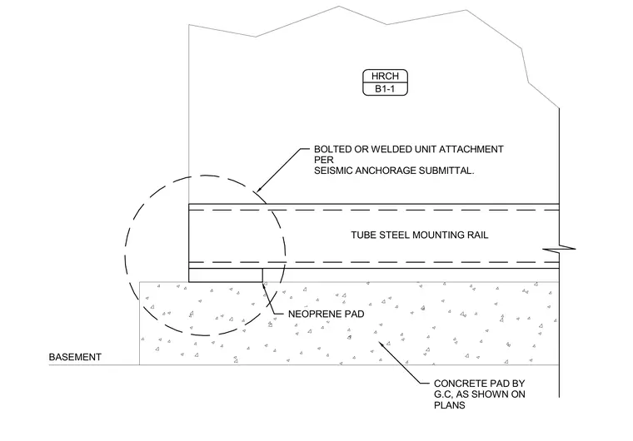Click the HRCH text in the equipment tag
point(385,76)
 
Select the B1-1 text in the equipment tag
point(385,89)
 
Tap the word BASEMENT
point(75,357)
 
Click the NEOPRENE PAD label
point(326,314)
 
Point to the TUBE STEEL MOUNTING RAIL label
point(420,235)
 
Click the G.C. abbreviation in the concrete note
point(443,394)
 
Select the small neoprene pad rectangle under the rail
point(226,275)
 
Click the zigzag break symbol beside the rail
point(559,249)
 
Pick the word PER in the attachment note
point(324,161)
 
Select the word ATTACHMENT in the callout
point(471,149)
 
